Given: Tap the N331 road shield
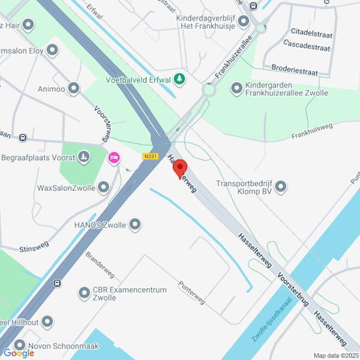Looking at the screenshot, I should coord(150,156).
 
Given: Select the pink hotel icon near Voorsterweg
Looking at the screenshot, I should coord(113,158).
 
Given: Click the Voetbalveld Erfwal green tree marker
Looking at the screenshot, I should coord(178,79).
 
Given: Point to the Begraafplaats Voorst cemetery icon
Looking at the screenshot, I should coord(83,158).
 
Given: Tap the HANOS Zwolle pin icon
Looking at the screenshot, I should coord(135,225).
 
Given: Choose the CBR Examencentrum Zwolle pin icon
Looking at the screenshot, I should coord(84,293).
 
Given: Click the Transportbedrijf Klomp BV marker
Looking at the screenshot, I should coord(280,187).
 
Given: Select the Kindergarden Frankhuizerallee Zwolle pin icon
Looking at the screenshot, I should coord(236,88).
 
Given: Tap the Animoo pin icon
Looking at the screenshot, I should coord(74,89).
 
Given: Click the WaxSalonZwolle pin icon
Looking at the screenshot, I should coord(104,188).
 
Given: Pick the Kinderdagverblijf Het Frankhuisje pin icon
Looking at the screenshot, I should coord(243,22).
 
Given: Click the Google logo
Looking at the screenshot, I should coord(19,353).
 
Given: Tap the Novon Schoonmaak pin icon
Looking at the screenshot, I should coord(20,345).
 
